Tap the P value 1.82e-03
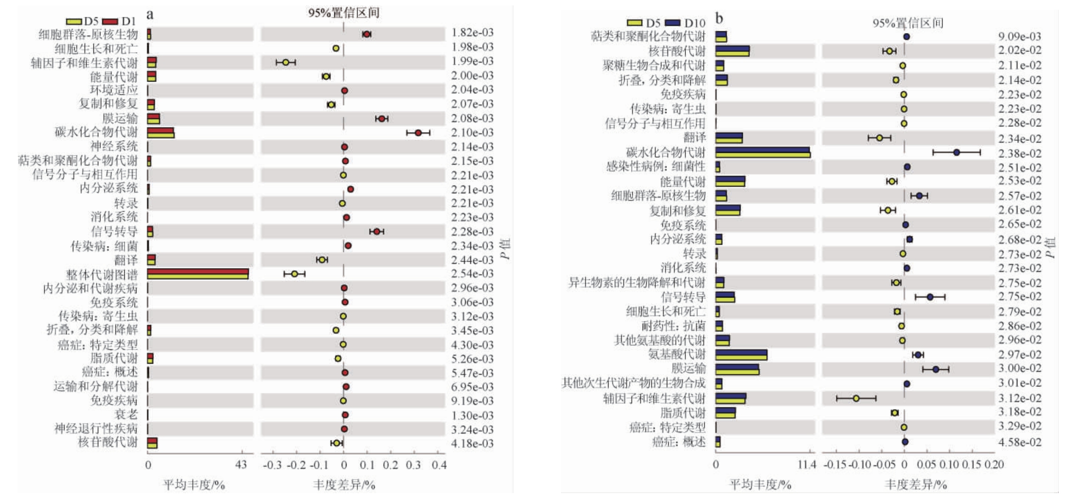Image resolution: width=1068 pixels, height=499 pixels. [x=472, y=33]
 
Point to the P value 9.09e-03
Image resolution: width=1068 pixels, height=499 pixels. [x=1020, y=37]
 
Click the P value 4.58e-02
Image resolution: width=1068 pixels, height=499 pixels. [x=1020, y=442]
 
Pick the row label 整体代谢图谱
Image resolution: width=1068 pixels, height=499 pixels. [x=102, y=274]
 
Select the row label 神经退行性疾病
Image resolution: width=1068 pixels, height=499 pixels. [x=96, y=429]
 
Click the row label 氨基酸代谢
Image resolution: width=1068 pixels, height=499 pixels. [x=677, y=354]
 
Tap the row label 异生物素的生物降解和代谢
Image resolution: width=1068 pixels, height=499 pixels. [x=637, y=283]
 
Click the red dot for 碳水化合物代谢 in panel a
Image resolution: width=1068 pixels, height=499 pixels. [x=418, y=133]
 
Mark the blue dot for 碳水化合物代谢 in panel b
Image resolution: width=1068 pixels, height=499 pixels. [x=956, y=152]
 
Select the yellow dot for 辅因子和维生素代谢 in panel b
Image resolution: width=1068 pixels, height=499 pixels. [x=856, y=398]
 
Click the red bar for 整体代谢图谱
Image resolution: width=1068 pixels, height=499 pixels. [x=198, y=271]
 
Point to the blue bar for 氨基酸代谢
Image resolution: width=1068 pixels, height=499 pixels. [x=741, y=352]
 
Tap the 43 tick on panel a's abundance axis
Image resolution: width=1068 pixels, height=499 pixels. [x=241, y=465]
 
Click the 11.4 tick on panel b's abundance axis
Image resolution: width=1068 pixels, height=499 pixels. [x=807, y=465]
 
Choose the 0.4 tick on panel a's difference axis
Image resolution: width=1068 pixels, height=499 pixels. [x=439, y=465]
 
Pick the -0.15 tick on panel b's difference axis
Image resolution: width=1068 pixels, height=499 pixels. [x=835, y=465]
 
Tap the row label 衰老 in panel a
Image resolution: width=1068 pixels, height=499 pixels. [x=126, y=415]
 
